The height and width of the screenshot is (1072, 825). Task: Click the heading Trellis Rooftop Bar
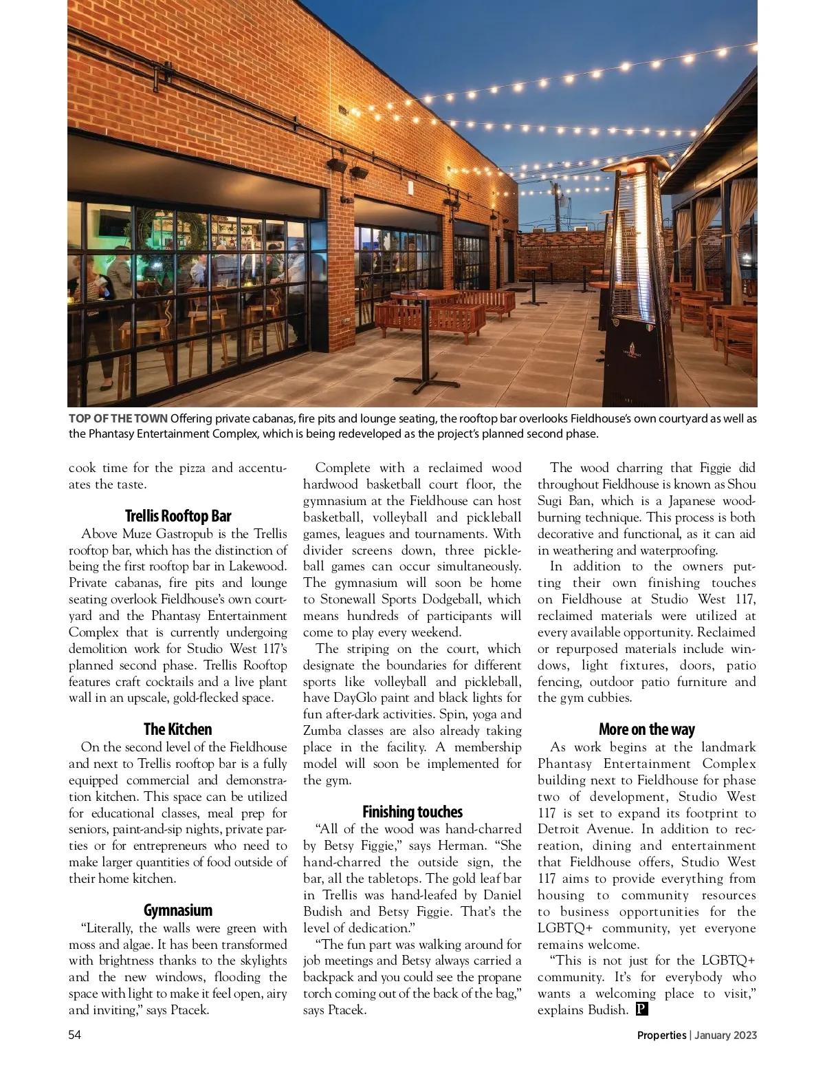[x=177, y=516]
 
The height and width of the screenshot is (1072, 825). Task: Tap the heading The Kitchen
[x=177, y=729]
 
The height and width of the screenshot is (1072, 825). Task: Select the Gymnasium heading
[x=177, y=910]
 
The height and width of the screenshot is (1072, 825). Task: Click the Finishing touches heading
[x=412, y=812]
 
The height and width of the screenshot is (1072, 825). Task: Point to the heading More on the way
[x=646, y=729]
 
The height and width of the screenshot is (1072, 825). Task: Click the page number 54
[x=75, y=1035]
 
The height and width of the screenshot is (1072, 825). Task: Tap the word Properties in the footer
[x=661, y=1035]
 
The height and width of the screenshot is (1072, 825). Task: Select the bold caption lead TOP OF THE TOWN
[x=118, y=418]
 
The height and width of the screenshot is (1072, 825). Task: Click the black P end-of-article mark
[x=641, y=1009]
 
